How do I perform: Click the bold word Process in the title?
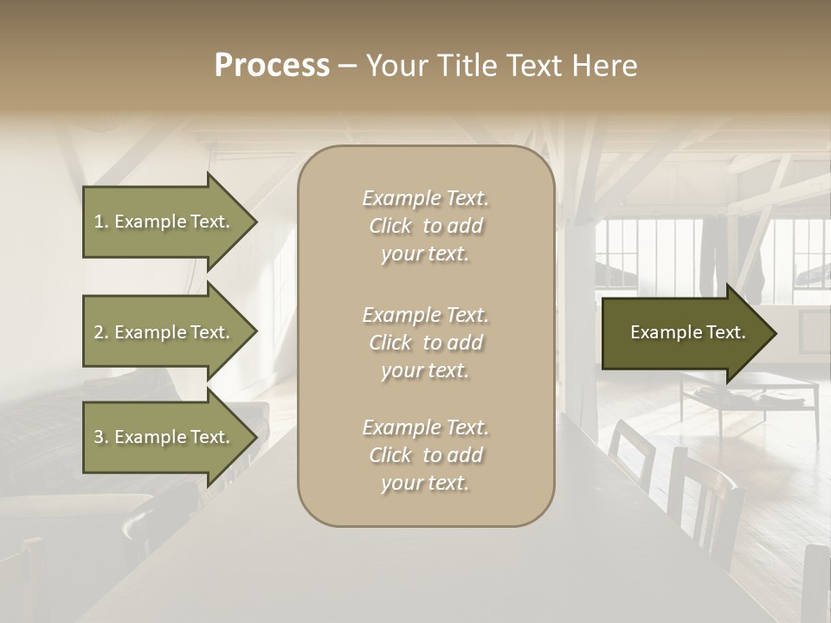click(x=272, y=66)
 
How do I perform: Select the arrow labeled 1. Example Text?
click(x=164, y=222)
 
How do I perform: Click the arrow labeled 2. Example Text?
click(x=164, y=332)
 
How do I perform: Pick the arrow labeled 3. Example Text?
click(x=164, y=438)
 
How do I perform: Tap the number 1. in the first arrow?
click(x=101, y=222)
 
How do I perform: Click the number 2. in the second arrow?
click(x=101, y=333)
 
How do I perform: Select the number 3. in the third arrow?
click(x=101, y=438)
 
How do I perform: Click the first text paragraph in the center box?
click(x=425, y=226)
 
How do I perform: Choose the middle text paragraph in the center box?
click(x=425, y=343)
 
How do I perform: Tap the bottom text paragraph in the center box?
click(x=425, y=455)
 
